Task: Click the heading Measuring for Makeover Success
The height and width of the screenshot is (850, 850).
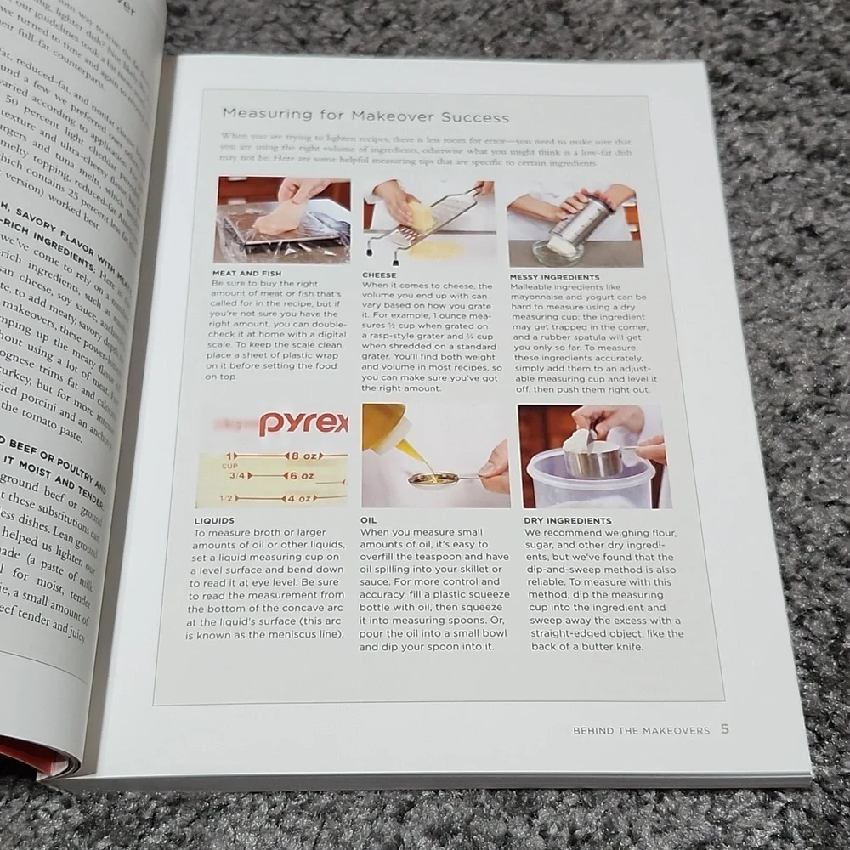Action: [x=365, y=117]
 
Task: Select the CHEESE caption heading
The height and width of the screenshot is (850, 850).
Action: [x=378, y=275]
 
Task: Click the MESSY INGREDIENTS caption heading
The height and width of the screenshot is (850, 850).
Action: [x=554, y=277]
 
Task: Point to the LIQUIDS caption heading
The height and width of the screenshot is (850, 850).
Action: [x=214, y=520]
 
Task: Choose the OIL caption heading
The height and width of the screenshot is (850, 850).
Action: [x=369, y=520]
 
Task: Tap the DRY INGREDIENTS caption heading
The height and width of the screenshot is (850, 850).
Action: [x=568, y=520]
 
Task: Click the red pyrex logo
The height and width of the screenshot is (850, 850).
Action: [x=303, y=422]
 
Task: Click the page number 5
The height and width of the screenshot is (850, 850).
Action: [x=724, y=728]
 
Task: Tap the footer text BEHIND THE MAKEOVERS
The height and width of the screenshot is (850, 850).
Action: [x=641, y=730]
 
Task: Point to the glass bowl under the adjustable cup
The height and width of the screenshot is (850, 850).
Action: [x=558, y=251]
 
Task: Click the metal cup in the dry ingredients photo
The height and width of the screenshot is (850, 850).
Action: [x=593, y=459]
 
